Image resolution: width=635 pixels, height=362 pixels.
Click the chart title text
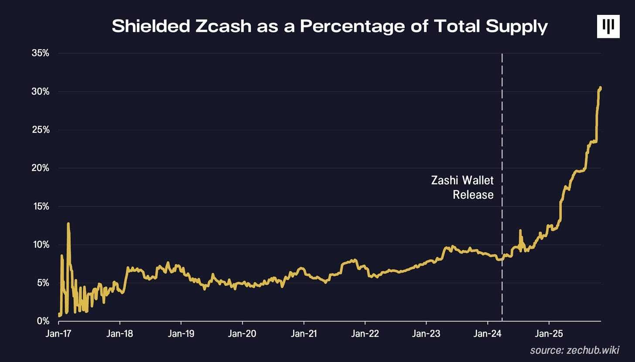(329, 27)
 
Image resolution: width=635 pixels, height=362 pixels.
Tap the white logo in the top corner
(608, 27)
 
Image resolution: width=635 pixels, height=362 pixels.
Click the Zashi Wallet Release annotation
(462, 188)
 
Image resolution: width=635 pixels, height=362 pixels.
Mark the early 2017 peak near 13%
(68, 224)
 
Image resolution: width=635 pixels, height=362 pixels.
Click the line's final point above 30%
(601, 88)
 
